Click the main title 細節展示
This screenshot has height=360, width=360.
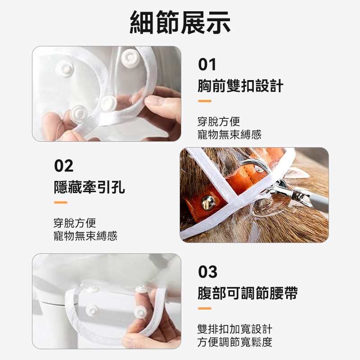tap(180, 22)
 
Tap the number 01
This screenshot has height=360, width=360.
tap(207, 64)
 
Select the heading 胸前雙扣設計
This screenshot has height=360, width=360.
tap(240, 86)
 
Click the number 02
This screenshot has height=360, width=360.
tap(64, 166)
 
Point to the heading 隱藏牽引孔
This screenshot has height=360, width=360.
tap(90, 187)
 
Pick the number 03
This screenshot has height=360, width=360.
tap(207, 272)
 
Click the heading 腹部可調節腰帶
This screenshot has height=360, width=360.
tap(247, 293)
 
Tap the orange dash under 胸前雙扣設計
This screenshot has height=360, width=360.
tap(205, 101)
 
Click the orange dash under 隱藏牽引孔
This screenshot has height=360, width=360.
tap(61, 202)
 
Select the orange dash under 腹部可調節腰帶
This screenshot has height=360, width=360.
tap(205, 309)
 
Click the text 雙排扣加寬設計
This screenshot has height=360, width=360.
tap(235, 329)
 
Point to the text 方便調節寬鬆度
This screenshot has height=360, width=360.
tap(235, 342)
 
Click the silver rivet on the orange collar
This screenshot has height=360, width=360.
tap(208, 203)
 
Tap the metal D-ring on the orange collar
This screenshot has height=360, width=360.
tap(256, 166)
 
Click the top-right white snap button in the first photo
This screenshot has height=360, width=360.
tap(130, 58)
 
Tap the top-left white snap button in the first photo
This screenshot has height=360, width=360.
tap(65, 69)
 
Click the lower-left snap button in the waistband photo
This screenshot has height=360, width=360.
tap(92, 311)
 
